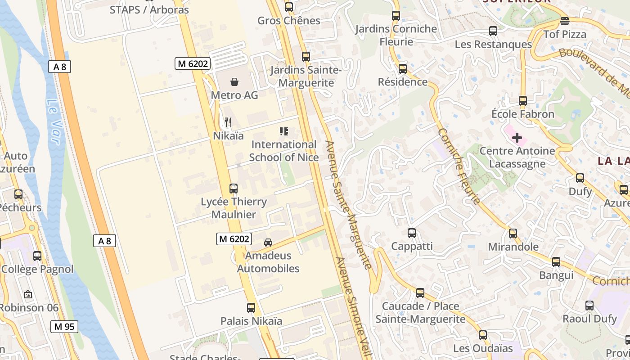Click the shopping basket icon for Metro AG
pyautogui.click(x=234, y=81)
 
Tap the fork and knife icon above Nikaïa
pyautogui.click(x=228, y=122)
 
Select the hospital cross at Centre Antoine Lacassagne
pyautogui.click(x=517, y=137)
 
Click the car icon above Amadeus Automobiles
pyautogui.click(x=268, y=243)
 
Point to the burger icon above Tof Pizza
pyautogui.click(x=565, y=21)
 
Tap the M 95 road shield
pyautogui.click(x=64, y=327)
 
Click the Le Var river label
pyautogui.click(x=53, y=121)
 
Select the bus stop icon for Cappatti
pyautogui.click(x=412, y=233)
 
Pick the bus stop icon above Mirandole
pyautogui.click(x=513, y=234)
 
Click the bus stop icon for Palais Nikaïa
pyautogui.click(x=251, y=308)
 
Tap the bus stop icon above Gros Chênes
pyautogui.click(x=289, y=7)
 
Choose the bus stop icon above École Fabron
pyautogui.click(x=523, y=101)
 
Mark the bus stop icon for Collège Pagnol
pyautogui.click(x=37, y=256)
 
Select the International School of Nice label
pyautogui.click(x=284, y=151)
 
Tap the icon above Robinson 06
pyautogui.click(x=28, y=295)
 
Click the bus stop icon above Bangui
pyautogui.click(x=556, y=262)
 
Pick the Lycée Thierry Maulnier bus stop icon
pyautogui.click(x=234, y=189)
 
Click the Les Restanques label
pyautogui.click(x=493, y=45)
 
